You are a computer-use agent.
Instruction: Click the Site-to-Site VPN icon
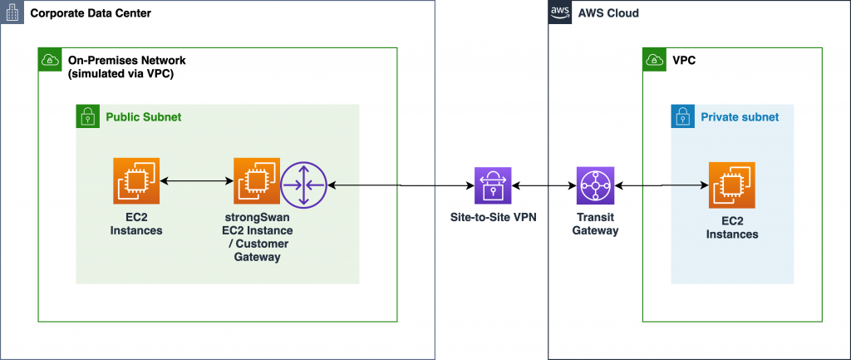coord(493,185)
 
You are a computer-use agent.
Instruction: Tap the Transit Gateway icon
coord(595,185)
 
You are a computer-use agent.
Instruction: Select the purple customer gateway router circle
coord(304,185)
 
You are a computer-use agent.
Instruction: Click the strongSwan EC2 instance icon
coord(257,180)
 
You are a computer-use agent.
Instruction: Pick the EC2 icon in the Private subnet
coord(732,185)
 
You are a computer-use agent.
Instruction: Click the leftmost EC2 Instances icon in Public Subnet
coord(136,180)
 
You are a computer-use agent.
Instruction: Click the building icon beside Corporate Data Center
coord(12,12)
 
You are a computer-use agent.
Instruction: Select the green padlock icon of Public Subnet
coord(87,116)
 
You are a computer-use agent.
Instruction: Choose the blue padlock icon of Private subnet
coord(683,116)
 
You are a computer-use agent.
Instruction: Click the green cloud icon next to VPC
coord(655,60)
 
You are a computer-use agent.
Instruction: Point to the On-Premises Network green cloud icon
coord(50,60)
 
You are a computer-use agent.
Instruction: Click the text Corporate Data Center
coord(91,12)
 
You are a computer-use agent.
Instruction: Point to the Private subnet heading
coord(740,116)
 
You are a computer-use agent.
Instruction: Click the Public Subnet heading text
coord(144,116)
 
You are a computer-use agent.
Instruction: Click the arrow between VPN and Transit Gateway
coord(544,185)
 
